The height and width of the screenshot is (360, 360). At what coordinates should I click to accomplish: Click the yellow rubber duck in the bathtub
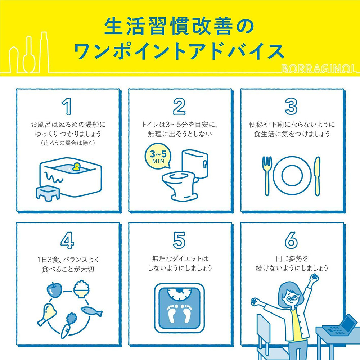point(76,167)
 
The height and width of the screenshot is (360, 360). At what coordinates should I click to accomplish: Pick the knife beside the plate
point(317,176)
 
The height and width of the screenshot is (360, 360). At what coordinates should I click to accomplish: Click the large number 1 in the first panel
point(67,106)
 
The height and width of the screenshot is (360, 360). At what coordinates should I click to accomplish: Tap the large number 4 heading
point(67,240)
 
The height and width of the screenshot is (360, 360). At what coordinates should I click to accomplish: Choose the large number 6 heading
point(291,240)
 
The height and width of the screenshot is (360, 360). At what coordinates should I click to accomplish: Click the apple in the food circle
point(54,289)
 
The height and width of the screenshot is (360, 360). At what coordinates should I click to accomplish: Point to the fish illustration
point(91,311)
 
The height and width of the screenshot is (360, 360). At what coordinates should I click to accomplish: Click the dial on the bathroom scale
point(179,294)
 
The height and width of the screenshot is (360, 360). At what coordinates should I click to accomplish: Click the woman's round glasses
point(291,298)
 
